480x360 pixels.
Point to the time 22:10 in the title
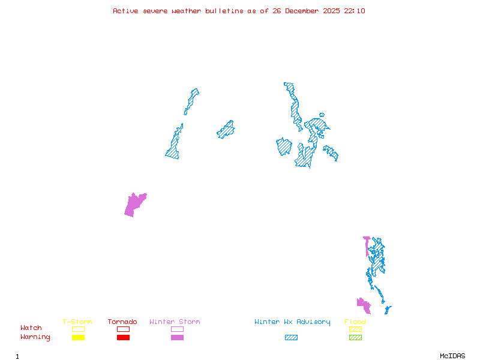click(x=354, y=11)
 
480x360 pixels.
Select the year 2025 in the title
click(x=332, y=11)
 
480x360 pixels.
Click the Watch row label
click(x=31, y=328)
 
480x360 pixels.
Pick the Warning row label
click(x=35, y=337)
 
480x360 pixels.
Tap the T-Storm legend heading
click(x=77, y=322)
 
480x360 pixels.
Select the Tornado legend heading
click(x=122, y=322)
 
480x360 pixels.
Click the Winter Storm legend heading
click(x=175, y=322)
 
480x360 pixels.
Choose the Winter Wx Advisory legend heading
click(x=292, y=322)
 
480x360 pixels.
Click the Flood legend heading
click(x=355, y=322)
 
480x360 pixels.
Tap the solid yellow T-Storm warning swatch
click(x=78, y=338)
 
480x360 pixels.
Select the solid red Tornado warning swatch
click(x=123, y=338)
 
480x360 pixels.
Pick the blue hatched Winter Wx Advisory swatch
click(x=291, y=338)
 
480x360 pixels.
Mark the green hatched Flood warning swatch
click(x=355, y=338)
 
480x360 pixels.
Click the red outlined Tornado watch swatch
click(x=123, y=329)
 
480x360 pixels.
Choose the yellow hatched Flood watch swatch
click(x=355, y=329)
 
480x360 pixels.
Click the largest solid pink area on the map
click(x=134, y=205)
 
